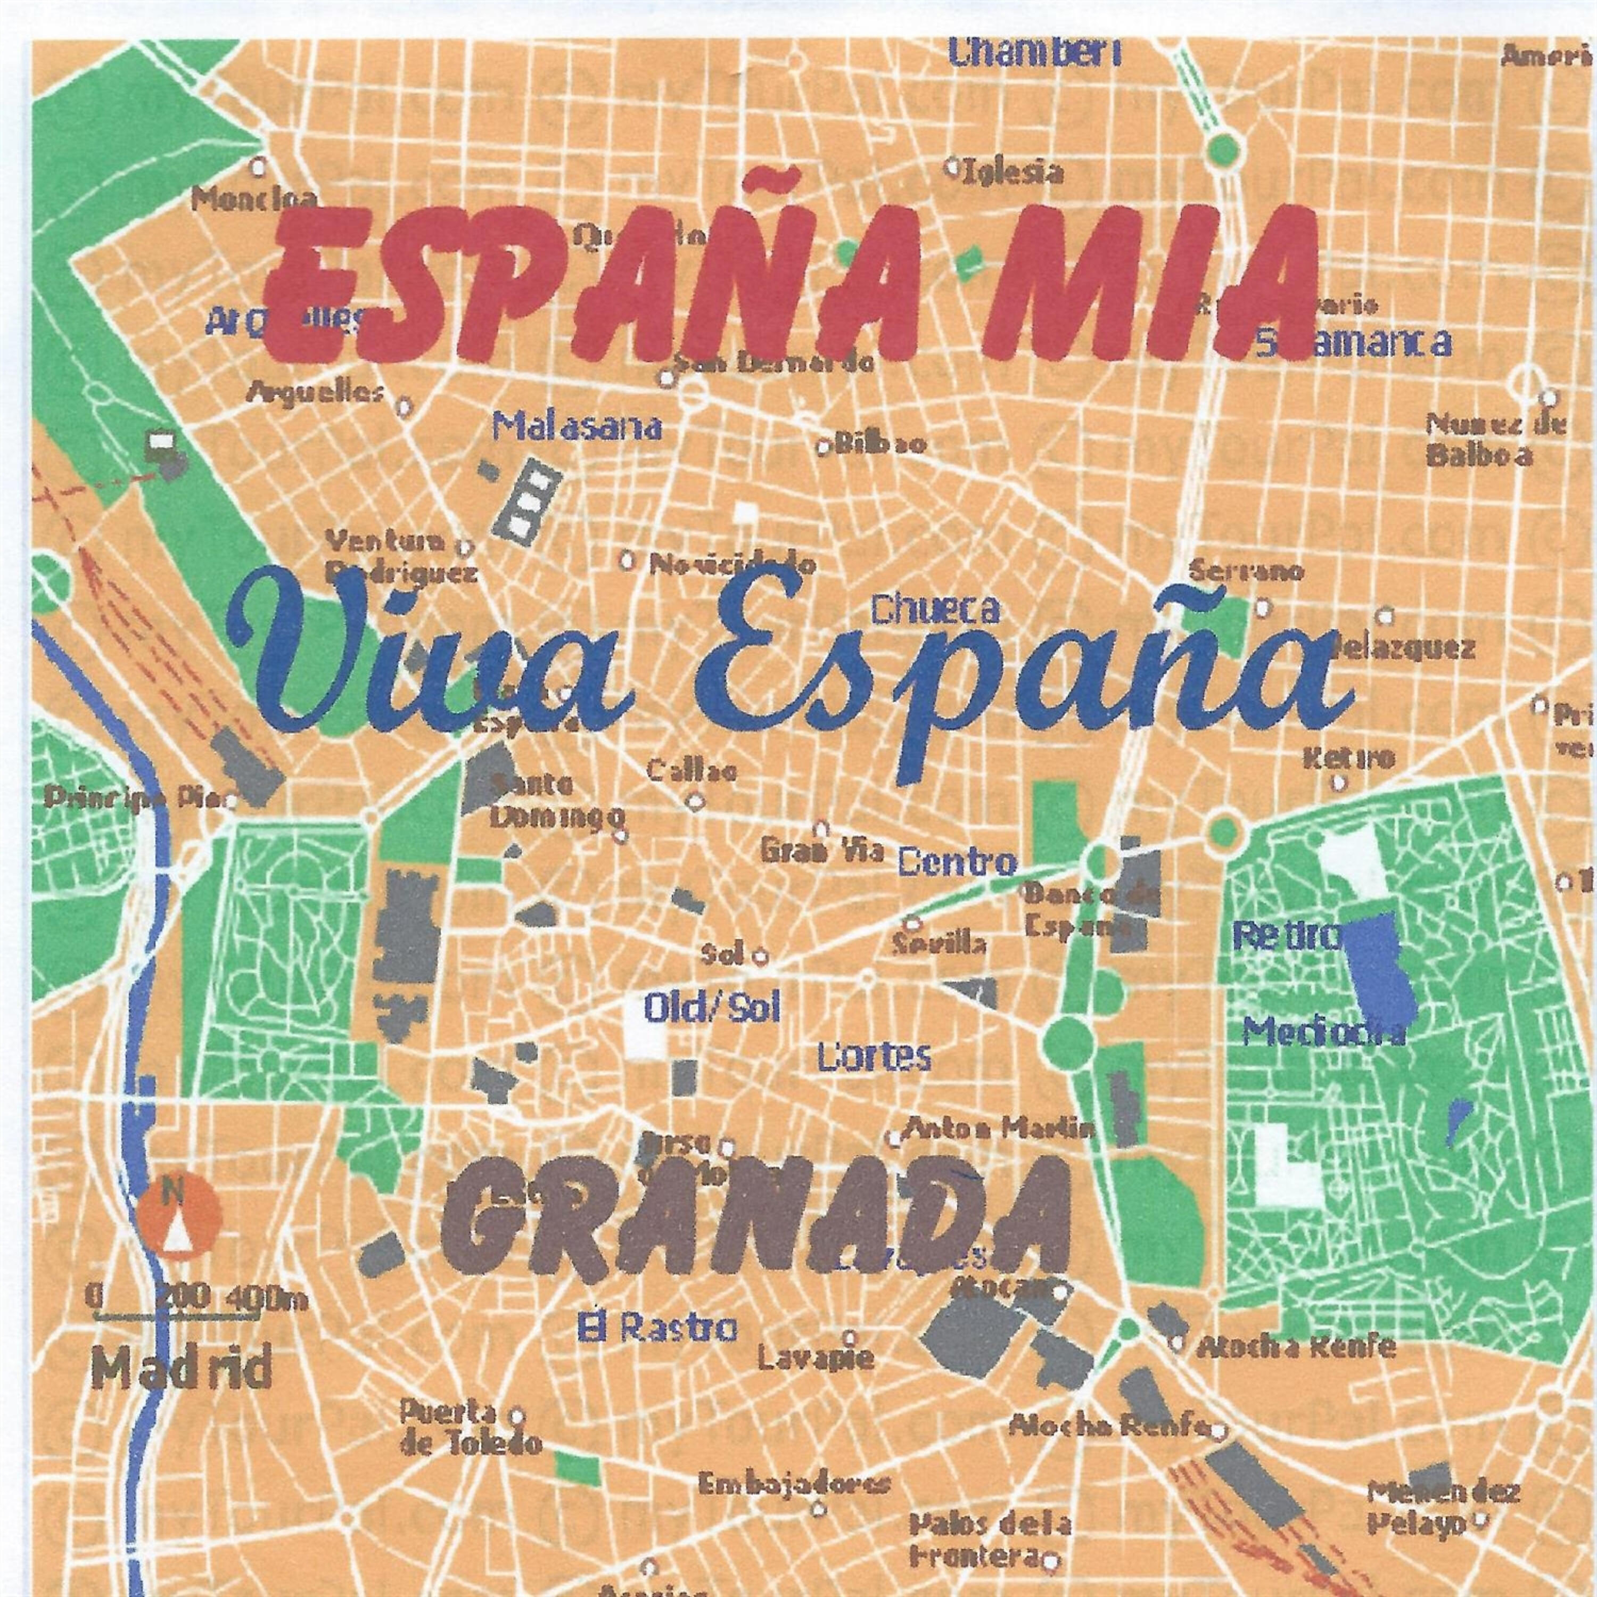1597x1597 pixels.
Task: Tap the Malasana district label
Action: [577, 427]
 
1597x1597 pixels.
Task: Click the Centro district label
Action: [957, 863]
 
